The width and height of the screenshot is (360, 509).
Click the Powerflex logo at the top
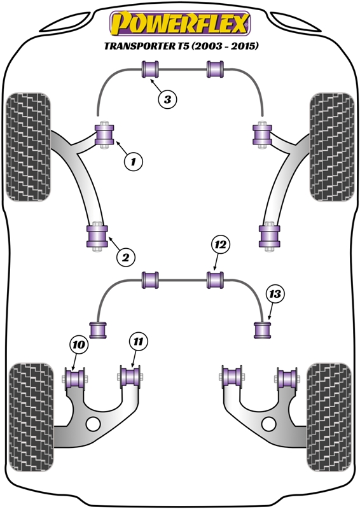pos(180,24)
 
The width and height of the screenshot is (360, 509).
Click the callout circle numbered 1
pos(133,162)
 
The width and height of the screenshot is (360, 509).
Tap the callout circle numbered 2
pos(126,258)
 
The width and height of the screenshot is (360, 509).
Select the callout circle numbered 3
pos(167,99)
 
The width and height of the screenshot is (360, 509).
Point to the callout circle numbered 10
pos(79,345)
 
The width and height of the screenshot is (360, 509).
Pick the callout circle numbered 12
pos(221,244)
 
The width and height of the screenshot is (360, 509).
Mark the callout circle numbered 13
pos(275,294)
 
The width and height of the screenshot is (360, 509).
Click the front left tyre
pos(28,147)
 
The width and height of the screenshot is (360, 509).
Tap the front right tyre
pos(332,147)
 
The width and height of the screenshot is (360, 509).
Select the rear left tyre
pos(31,417)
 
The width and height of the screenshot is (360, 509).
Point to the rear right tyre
pos(329,417)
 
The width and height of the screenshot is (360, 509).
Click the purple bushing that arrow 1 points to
pos(104,135)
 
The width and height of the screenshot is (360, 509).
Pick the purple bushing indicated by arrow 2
pos(97,236)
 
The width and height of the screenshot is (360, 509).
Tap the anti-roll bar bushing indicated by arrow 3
pos(150,69)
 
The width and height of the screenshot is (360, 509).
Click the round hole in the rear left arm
pos(93,424)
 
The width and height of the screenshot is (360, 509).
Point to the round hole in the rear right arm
pos(269,424)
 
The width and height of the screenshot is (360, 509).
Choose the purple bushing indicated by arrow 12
pos(215,281)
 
